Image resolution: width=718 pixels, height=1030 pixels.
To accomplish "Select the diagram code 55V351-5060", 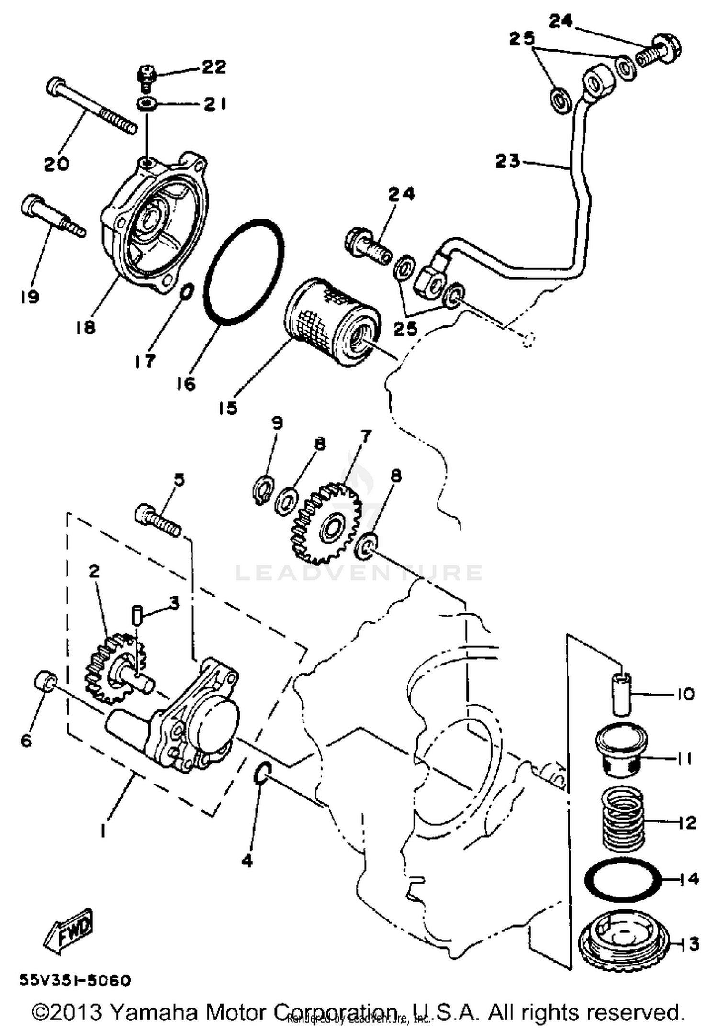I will (75, 981).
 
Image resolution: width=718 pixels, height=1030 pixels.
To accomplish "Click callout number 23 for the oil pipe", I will (507, 161).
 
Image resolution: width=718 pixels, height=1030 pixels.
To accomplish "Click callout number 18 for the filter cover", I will (85, 328).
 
